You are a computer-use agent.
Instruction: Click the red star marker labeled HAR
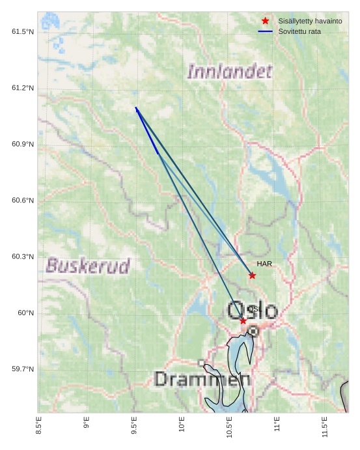pos(252,275)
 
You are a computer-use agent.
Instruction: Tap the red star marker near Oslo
pos(243,320)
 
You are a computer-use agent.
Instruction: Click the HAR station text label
pos(264,264)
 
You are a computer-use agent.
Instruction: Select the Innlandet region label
pos(229,71)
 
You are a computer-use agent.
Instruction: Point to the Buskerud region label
pos(88,266)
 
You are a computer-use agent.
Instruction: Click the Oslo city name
pos(253,311)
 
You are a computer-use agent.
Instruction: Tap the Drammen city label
pos(202,379)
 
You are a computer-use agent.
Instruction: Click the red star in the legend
pos(265,21)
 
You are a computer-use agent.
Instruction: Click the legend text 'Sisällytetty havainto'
pos(310,21)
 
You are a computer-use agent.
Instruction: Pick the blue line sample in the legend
pos(265,31)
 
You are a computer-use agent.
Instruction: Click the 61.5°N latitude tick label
pos(23,32)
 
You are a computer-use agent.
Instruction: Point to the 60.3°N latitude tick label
pos(23,257)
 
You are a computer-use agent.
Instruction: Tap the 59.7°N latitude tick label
pos(23,369)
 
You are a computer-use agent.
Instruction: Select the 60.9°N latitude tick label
pos(23,144)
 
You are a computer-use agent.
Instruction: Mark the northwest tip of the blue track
pos(136,108)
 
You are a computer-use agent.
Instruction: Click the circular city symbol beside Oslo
pos(253,331)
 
